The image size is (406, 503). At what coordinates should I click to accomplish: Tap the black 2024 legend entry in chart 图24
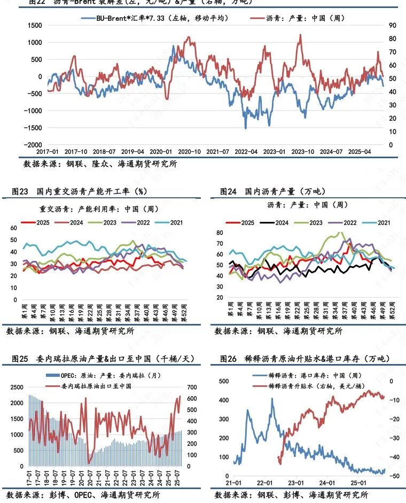[278, 222]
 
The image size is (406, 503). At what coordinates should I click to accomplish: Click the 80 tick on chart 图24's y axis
[220, 233]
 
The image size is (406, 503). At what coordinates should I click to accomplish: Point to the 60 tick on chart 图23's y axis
[14, 228]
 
